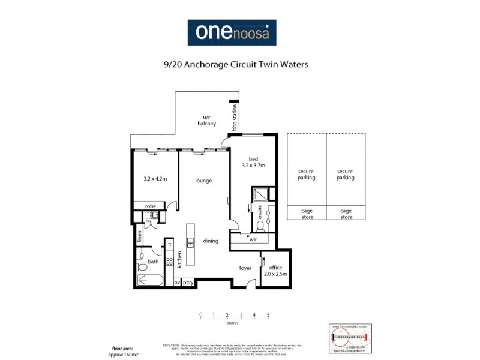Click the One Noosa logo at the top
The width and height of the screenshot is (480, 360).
coord(232,33)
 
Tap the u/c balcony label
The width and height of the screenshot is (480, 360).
coord(206,121)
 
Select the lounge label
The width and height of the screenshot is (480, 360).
coord(203,181)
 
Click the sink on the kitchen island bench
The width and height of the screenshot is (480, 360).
coord(190,243)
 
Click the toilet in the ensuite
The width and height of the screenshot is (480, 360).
coord(260,226)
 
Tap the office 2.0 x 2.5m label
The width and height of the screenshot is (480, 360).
coord(276,271)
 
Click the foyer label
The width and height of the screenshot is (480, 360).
coord(245,268)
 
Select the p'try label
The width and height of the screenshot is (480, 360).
coord(188,282)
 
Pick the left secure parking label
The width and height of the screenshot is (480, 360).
coord(306,174)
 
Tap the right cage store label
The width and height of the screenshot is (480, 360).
coord(346,214)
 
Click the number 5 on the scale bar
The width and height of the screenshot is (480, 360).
coord(268,314)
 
